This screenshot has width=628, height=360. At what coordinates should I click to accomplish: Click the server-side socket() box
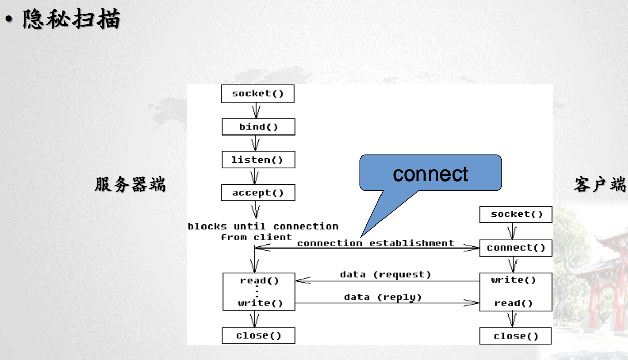258,94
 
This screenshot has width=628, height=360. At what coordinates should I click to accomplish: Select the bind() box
258,127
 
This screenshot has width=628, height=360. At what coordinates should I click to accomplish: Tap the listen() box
258,160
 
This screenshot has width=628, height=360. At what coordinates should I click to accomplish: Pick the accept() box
258,193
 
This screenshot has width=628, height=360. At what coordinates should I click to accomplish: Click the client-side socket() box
515,214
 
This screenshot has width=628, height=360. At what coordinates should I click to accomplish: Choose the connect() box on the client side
515,248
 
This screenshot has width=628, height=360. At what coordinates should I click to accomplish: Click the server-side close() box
258,335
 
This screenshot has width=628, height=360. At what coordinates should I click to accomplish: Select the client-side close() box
515,336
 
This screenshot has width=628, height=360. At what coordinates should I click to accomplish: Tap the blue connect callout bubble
430,173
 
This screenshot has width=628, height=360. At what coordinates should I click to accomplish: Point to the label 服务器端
130,184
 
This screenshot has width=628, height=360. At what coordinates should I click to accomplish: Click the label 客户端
600,185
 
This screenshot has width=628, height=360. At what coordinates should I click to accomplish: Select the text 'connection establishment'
375,243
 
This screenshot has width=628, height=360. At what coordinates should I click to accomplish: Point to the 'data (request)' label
385,275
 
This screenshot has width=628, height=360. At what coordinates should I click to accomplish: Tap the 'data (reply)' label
383,297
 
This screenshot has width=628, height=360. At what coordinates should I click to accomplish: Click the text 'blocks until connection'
263,226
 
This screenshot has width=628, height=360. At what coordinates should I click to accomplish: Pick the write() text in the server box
260,303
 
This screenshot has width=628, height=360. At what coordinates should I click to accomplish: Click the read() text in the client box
513,303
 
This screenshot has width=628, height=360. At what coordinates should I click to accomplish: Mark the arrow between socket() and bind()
256,110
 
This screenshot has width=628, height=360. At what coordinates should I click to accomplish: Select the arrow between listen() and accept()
254,176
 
